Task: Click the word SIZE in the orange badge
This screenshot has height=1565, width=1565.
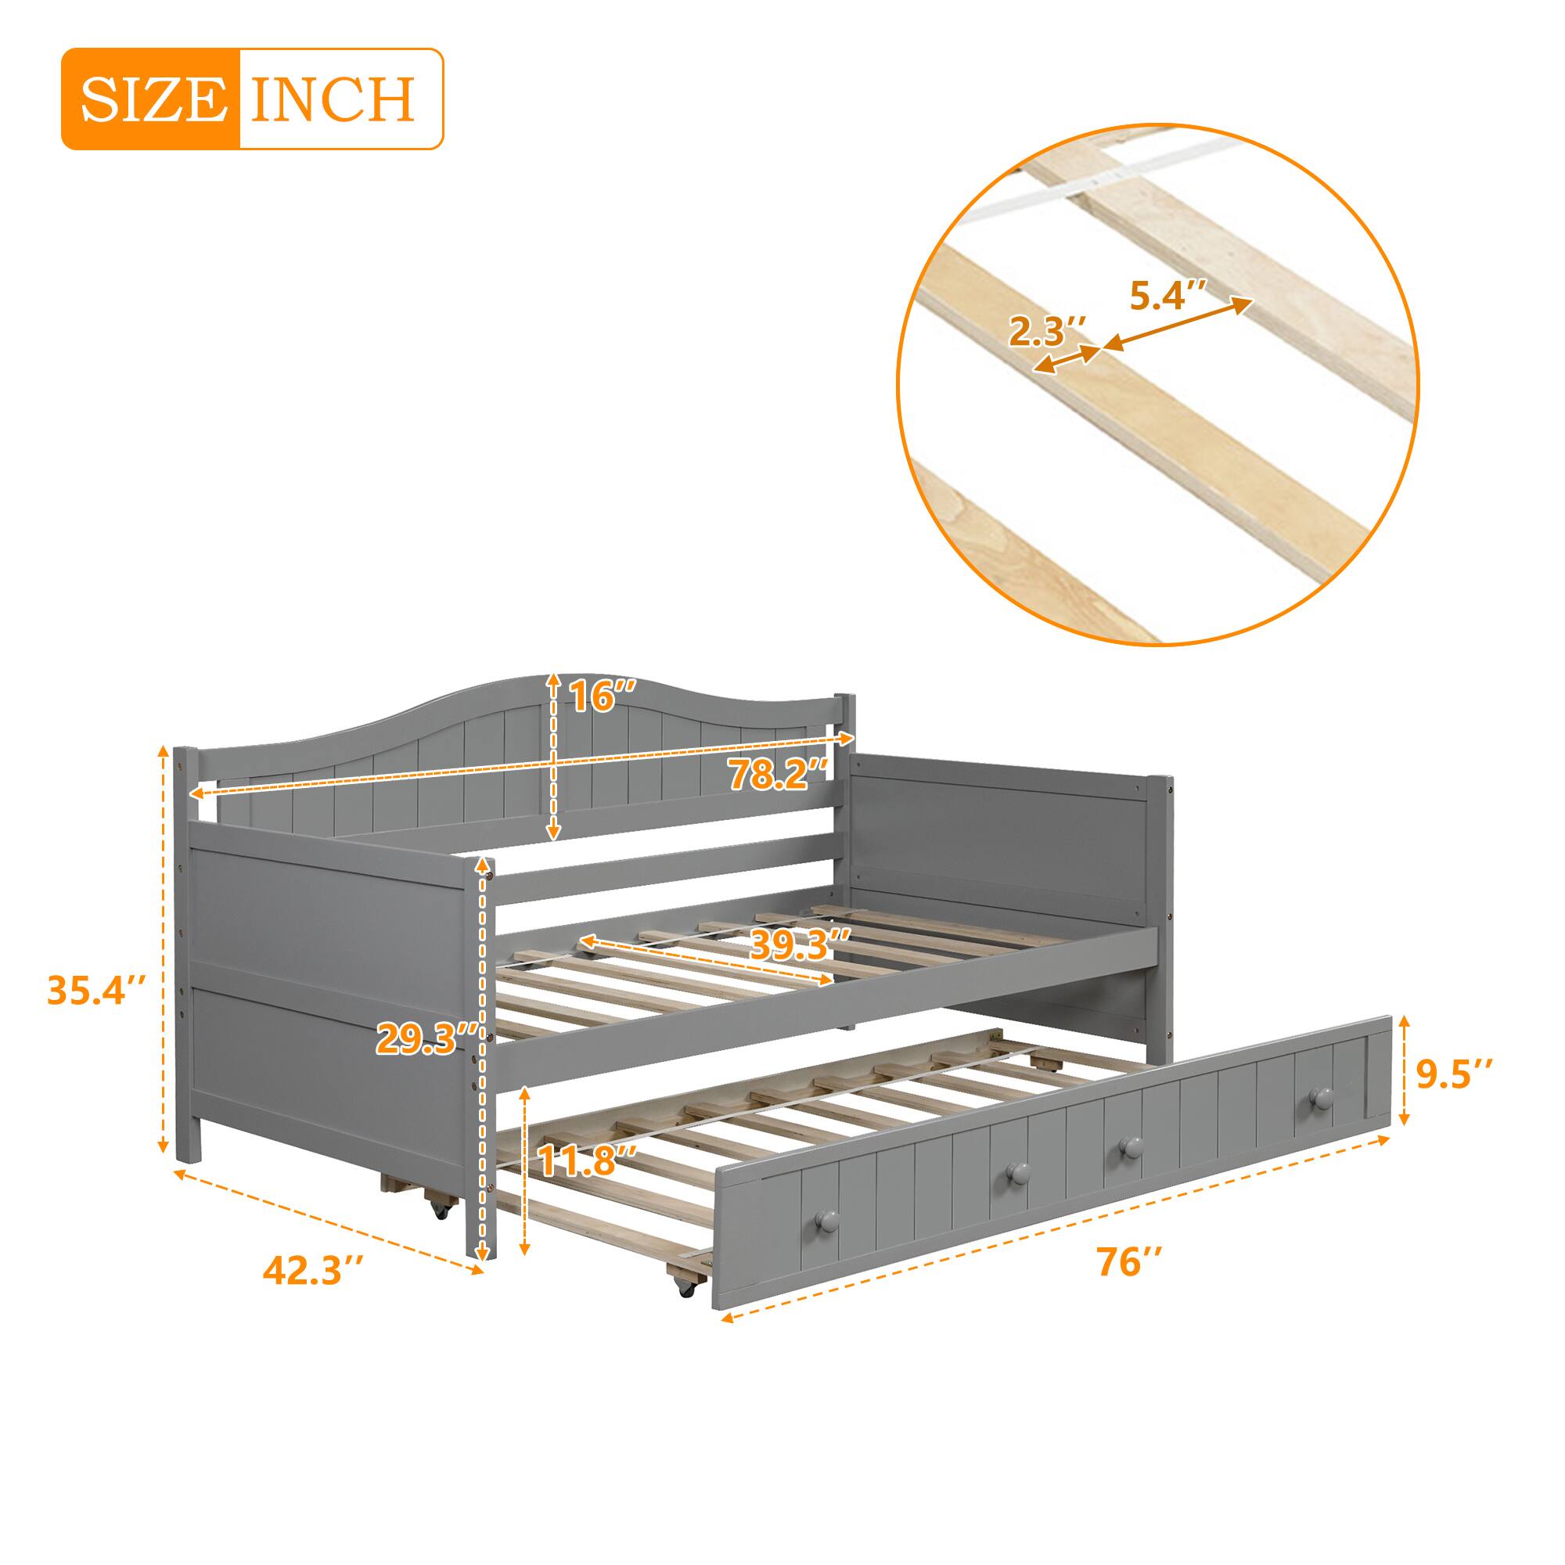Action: [152, 99]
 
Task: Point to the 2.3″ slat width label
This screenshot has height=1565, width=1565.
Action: [1045, 331]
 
